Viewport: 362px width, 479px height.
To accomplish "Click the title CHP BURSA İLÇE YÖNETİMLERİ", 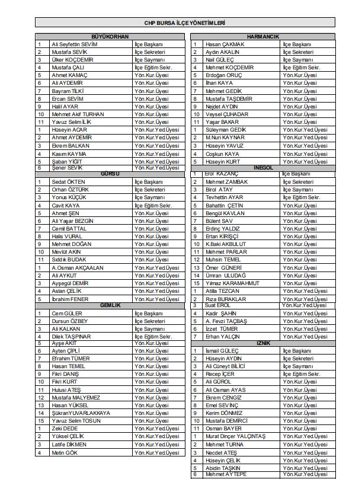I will pyautogui.click(x=180, y=23).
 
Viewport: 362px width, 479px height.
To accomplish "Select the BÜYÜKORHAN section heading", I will pyautogui.click(x=110, y=37).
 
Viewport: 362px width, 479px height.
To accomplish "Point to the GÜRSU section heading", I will pyautogui.click(x=110, y=174).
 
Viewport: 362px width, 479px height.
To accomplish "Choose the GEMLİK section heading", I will pyautogui.click(x=110, y=305).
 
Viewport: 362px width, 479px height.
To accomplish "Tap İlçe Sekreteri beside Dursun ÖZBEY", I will pyautogui.click(x=150, y=321).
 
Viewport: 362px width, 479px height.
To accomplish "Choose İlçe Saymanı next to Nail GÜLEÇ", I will pyautogui.click(x=297, y=60).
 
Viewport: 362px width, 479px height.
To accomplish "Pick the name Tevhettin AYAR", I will pyautogui.click(x=224, y=197).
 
